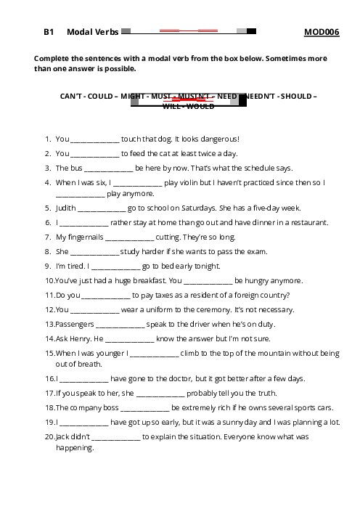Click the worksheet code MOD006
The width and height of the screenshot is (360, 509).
click(322, 32)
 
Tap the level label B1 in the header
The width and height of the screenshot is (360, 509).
click(49, 32)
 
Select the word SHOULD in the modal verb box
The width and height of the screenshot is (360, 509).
click(296, 97)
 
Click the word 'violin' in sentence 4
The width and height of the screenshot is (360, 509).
click(189, 183)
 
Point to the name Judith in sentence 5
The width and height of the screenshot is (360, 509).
click(66, 208)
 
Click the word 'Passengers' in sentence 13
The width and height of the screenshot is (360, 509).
click(75, 325)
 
